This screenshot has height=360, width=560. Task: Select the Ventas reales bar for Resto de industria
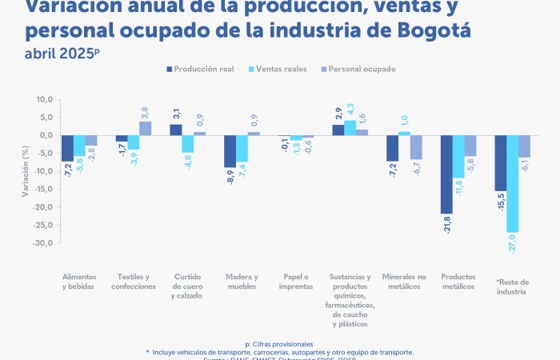click(x=512, y=183)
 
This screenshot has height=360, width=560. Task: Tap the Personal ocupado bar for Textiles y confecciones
click(x=145, y=128)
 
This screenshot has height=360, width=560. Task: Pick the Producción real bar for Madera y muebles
click(x=230, y=151)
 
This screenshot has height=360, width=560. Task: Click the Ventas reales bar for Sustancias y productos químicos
click(x=350, y=128)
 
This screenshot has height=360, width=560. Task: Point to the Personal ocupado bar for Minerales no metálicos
click(x=415, y=147)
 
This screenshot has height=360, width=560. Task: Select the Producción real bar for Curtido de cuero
click(x=176, y=130)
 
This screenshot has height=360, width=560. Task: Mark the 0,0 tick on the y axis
click(x=45, y=135)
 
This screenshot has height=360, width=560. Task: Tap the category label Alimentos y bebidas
click(x=79, y=282)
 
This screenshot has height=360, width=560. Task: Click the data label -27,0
click(x=512, y=243)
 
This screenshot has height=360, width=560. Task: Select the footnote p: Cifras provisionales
click(x=279, y=343)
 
